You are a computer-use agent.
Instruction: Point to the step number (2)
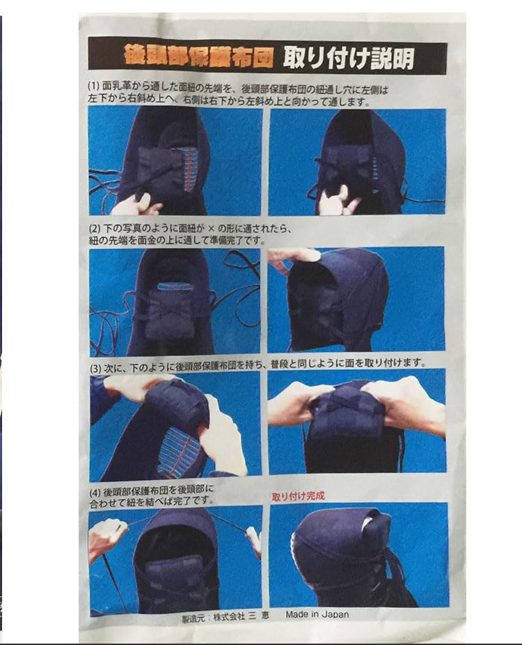(96, 228)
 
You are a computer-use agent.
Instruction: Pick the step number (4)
(96, 489)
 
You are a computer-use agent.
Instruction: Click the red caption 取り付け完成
(298, 497)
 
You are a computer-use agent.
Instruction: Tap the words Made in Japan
(317, 614)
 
